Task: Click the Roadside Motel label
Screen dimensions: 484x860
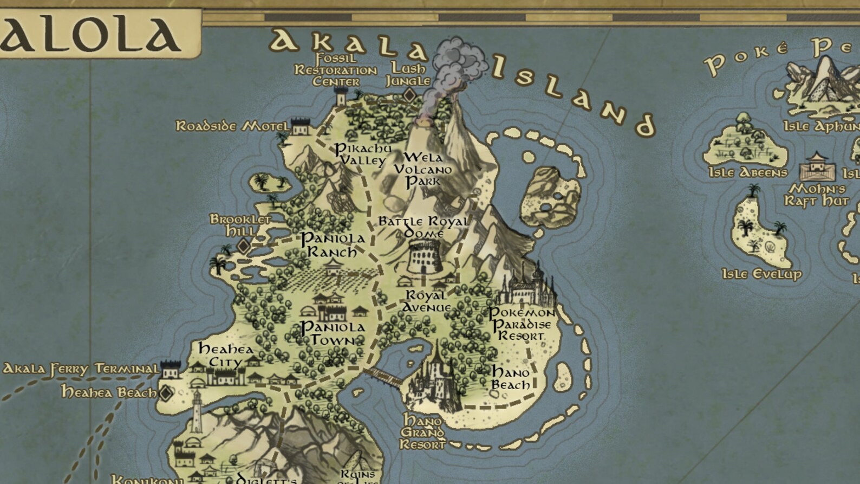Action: coord(232,126)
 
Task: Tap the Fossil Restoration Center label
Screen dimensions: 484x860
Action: coord(336,70)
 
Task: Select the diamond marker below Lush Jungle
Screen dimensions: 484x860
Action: coord(409,96)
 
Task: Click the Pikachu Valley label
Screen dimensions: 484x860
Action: coord(362,154)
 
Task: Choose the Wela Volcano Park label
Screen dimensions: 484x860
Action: coord(423,169)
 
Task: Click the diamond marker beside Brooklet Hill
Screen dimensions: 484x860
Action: coord(244,247)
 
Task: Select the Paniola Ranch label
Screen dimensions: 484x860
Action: coord(333,245)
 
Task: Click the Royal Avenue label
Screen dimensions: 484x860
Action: coord(427,301)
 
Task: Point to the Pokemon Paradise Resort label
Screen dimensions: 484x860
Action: coord(521,324)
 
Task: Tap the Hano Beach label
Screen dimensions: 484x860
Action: coord(511,378)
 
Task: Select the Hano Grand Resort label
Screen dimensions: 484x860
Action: coord(422,433)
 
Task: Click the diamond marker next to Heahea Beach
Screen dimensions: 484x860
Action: coord(166,392)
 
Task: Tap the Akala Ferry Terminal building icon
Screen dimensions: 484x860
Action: coord(170,370)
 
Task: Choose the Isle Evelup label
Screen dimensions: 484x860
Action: coord(761,274)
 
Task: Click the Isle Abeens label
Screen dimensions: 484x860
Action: coord(748,172)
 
